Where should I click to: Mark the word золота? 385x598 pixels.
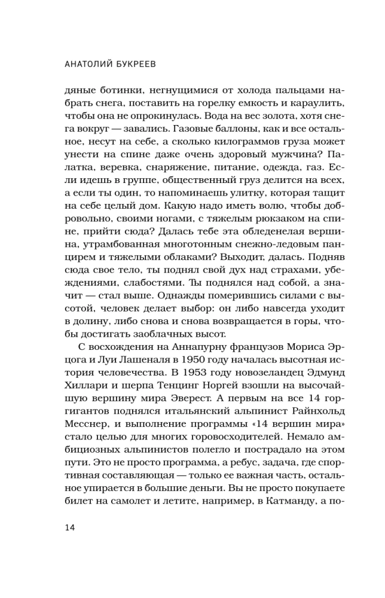pyautogui.click(x=232, y=117)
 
